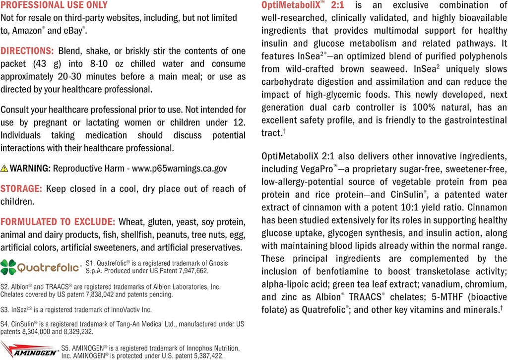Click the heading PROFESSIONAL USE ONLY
pyautogui.click(x=54, y=5)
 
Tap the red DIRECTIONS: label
pyautogui.click(x=27, y=51)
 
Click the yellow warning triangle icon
pyautogui.click(x=4, y=169)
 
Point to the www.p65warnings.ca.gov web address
pyautogui.click(x=179, y=169)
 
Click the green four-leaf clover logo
pyautogui.click(x=8, y=267)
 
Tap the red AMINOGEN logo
pyautogui.click(x=29, y=349)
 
